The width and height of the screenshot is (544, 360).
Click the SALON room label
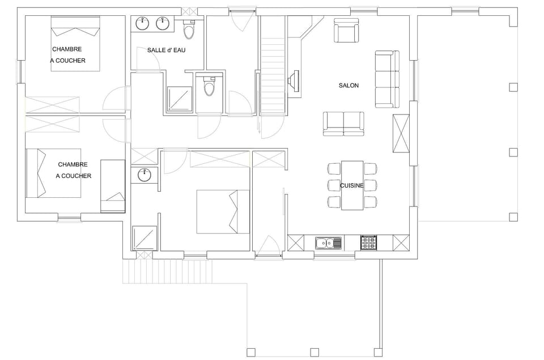pyautogui.click(x=348, y=86)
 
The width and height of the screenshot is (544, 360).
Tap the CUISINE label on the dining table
pyautogui.click(x=352, y=185)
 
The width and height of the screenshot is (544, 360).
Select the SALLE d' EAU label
pyautogui.click(x=167, y=50)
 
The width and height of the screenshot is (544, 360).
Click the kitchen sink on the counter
pyautogui.click(x=329, y=243)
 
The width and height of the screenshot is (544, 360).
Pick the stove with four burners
pyautogui.click(x=369, y=243)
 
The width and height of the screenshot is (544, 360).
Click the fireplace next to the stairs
pyautogui.click(x=294, y=81)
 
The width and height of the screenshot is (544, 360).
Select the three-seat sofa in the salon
pyautogui.click(x=387, y=79)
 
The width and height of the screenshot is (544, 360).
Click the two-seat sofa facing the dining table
pyautogui.click(x=343, y=124)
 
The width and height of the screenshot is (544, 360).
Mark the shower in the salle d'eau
pyautogui.click(x=180, y=99)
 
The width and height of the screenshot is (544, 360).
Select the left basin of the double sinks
pyautogui.click(x=143, y=24)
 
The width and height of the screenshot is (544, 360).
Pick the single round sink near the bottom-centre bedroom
pyautogui.click(x=144, y=175)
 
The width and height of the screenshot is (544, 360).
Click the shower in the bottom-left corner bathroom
pyautogui.click(x=144, y=238)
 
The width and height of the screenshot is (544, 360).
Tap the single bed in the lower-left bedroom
pyautogui.click(x=113, y=186)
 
